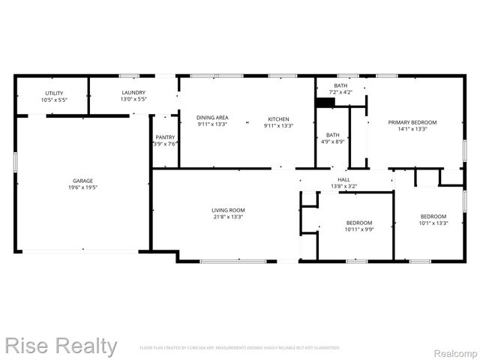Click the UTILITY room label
click(54, 93)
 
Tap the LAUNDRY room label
click(133, 93)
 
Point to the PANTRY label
click(165, 137)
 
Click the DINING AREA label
click(212, 118)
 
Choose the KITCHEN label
click(278, 118)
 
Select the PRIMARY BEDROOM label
click(412, 121)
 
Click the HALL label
click(343, 180)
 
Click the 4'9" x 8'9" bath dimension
click(333, 142)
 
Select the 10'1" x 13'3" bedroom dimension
click(433, 223)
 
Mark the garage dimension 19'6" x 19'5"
click(82, 188)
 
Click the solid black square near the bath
click(325, 103)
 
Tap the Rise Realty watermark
click(59, 346)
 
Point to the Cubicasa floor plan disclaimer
click(240, 348)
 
